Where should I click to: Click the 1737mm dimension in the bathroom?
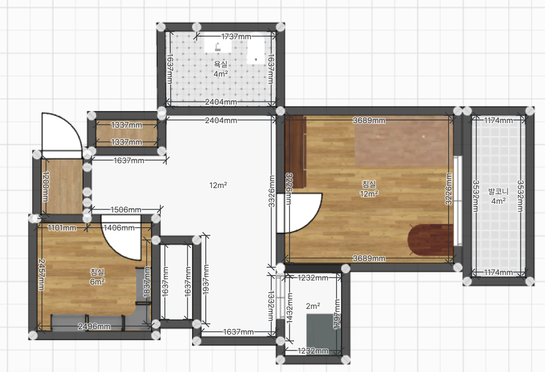pos(236,37)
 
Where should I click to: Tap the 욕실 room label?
pos(220,64)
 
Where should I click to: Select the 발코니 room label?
pos(498,192)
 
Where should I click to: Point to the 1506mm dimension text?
pos(126,210)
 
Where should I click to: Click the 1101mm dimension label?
pos(62,228)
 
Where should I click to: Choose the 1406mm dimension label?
pos(119,228)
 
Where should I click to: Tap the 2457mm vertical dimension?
pos(42,275)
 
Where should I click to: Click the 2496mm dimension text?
pos(94,326)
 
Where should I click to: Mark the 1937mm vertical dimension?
pos(206,280)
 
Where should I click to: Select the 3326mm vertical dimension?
pos(271,191)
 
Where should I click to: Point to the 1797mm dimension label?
pos(337,314)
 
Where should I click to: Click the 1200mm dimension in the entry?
pos(45,187)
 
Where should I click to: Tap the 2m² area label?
pos(313,306)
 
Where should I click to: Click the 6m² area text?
pos(97,282)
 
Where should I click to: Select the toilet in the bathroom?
pos(256,48)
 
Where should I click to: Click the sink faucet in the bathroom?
pos(218,46)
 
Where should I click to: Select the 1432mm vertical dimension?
pos(289,308)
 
